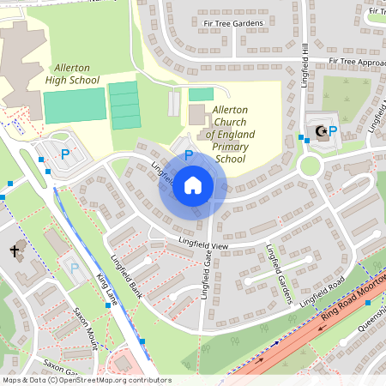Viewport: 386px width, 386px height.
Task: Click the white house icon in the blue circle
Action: [193, 184]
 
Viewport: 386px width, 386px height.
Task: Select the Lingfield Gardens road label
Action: [280, 275]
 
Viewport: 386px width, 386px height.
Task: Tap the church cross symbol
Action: [15, 251]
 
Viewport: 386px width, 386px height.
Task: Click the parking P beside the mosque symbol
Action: [333, 131]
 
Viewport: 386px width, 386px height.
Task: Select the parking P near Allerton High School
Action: [65, 154]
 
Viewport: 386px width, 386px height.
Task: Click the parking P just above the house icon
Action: [189, 154]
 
